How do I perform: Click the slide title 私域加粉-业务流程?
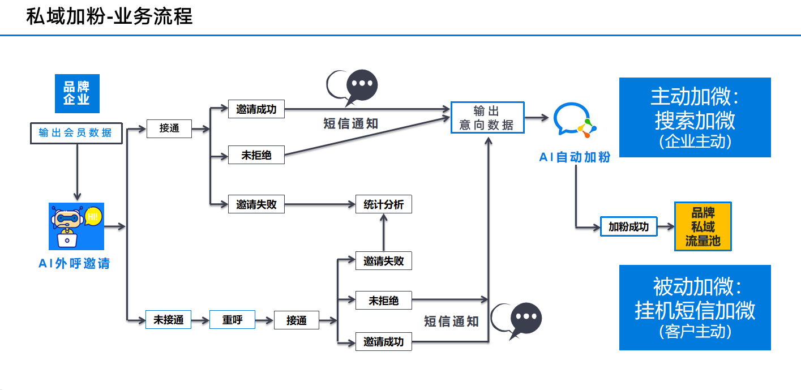tap(109, 16)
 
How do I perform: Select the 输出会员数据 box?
tap(76, 133)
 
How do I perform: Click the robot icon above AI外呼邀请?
tap(76, 226)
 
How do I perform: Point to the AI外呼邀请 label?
tap(74, 263)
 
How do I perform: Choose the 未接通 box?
tap(169, 320)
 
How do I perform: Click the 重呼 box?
tap(232, 320)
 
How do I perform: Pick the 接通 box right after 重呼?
tap(296, 320)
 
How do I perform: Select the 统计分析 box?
tap(383, 204)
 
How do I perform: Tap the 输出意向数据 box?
tap(487, 118)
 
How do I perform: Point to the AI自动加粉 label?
tap(575, 157)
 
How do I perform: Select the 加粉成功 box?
tap(628, 227)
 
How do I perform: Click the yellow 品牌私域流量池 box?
tap(703, 226)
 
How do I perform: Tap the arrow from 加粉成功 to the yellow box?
tap(666, 227)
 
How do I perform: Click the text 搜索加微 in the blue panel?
tap(695, 121)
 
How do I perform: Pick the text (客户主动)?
tap(695, 331)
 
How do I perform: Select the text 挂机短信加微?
tap(695, 310)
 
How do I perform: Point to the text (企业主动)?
tap(695, 142)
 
